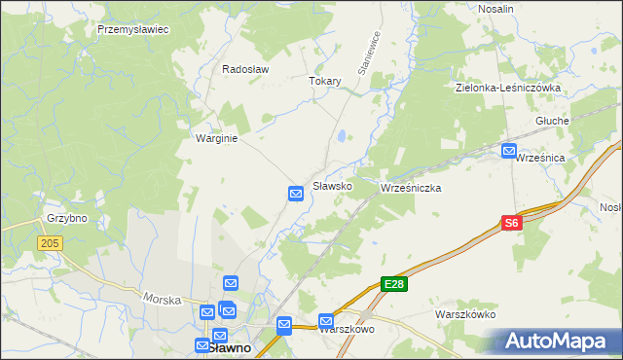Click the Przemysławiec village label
133,29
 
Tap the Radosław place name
245,69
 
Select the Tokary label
325,81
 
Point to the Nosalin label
496,8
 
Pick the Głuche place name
552,121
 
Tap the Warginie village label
217,138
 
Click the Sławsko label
331,185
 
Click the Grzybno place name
66,218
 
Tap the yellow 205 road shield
52,243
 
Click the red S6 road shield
512,224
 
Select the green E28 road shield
393,284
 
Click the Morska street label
162,299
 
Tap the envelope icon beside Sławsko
297,195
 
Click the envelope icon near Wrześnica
509,151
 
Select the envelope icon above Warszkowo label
326,320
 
